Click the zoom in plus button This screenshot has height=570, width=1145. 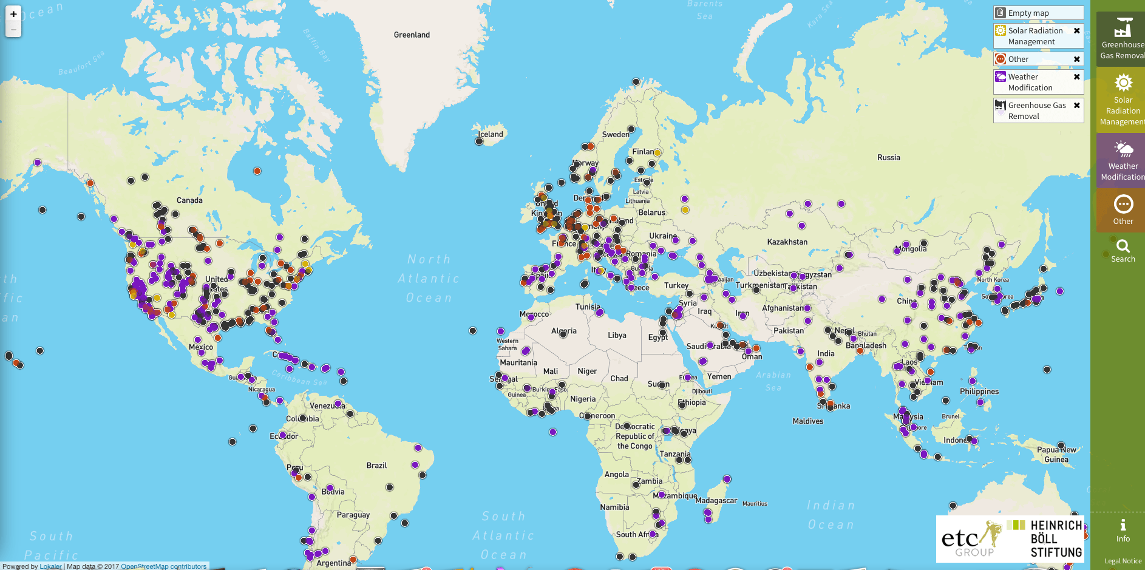[x=13, y=14]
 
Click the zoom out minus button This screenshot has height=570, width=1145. [x=13, y=29]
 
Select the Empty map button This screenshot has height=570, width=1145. [x=1038, y=13]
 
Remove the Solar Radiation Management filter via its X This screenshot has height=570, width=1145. [x=1076, y=30]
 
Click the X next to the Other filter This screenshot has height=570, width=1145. [x=1076, y=59]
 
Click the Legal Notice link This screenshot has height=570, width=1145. [x=1123, y=561]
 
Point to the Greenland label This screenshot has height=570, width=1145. [x=412, y=35]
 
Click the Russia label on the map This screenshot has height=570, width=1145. [x=888, y=157]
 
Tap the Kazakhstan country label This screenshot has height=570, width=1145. [x=787, y=242]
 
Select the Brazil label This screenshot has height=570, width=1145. [x=376, y=465]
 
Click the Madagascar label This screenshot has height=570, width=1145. [x=716, y=500]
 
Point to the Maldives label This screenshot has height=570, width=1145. [x=807, y=421]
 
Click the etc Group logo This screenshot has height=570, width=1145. [x=969, y=539]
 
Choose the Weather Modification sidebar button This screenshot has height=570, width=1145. [x=1123, y=160]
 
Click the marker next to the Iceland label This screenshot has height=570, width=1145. [x=479, y=141]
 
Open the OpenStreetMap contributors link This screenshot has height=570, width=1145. [x=163, y=566]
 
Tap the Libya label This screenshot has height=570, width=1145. [x=617, y=335]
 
